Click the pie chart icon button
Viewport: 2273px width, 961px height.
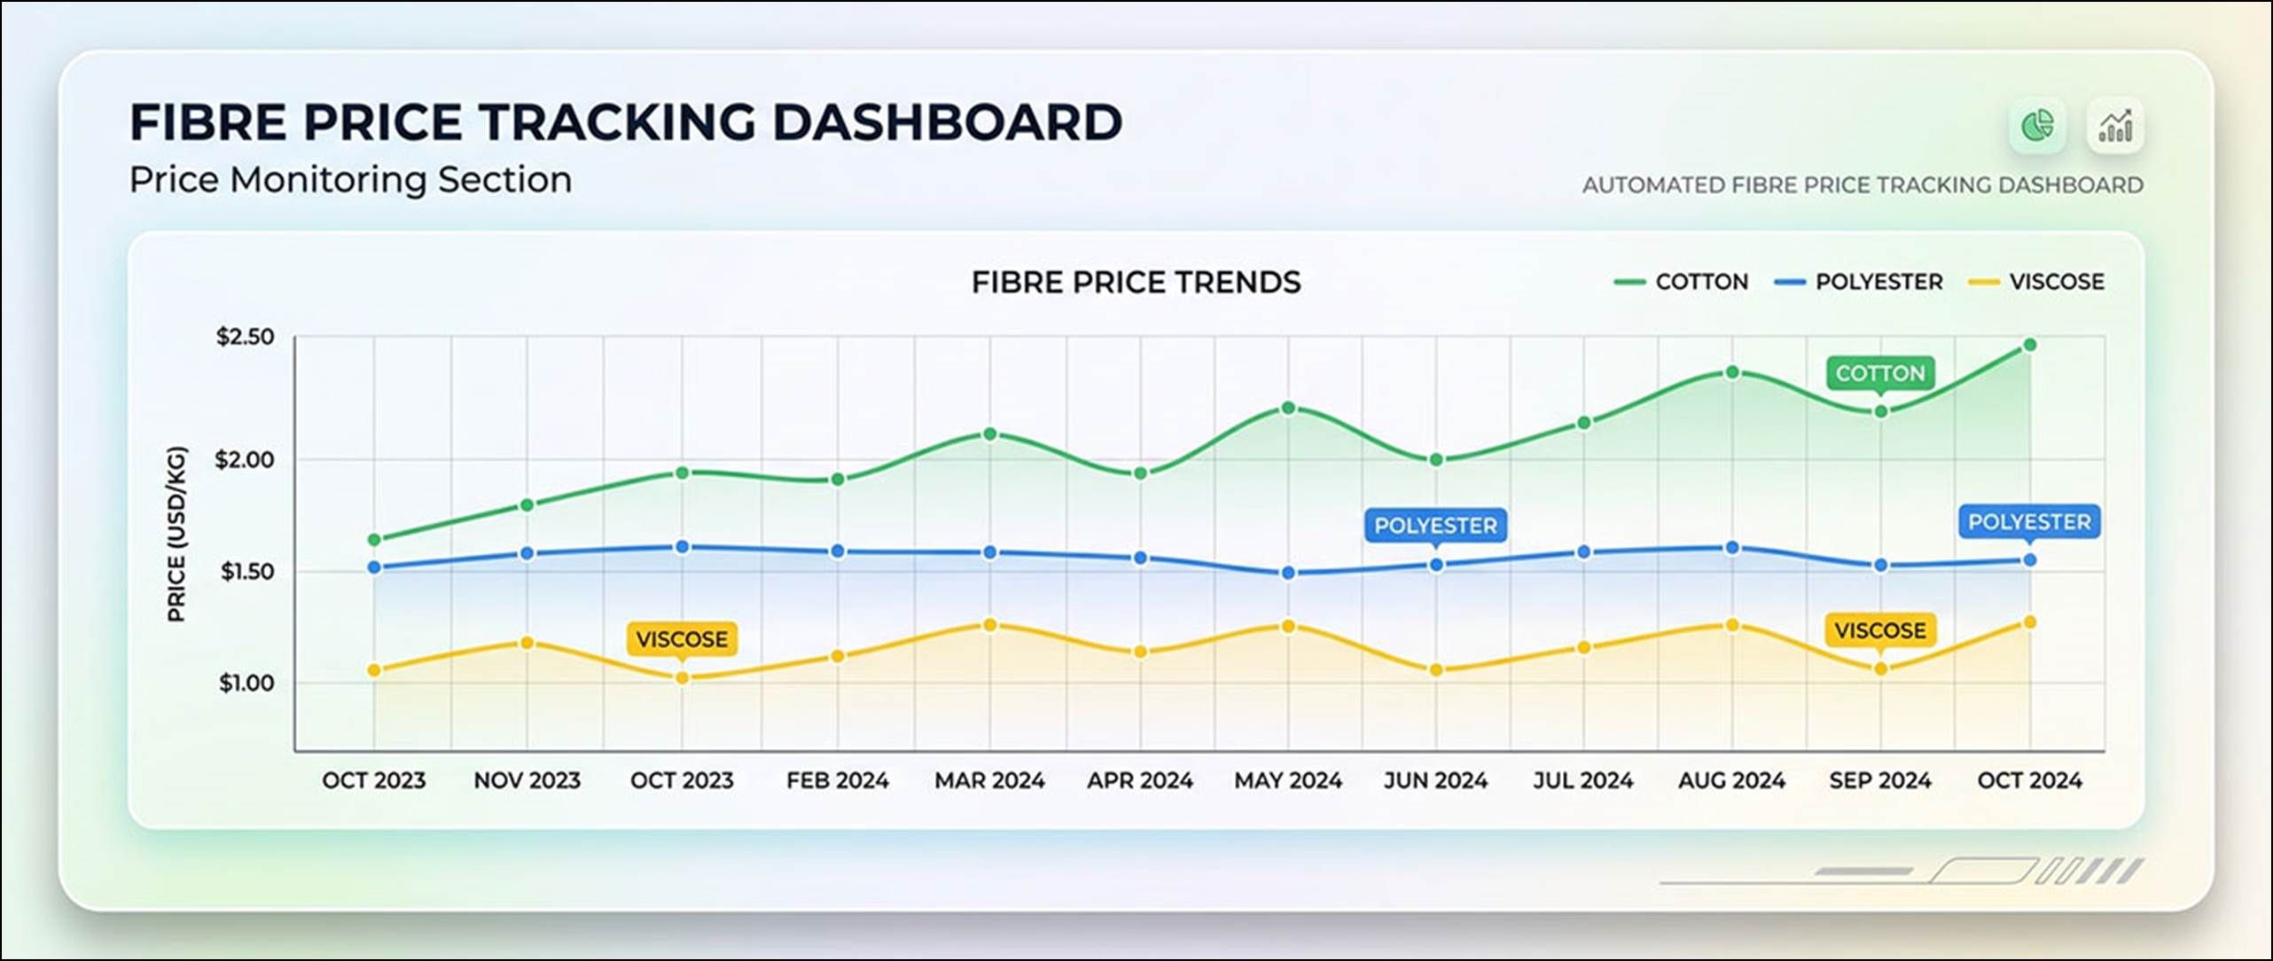pyautogui.click(x=2037, y=125)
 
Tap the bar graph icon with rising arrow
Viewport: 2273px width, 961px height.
pyautogui.click(x=2115, y=125)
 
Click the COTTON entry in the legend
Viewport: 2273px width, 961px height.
pyautogui.click(x=1681, y=282)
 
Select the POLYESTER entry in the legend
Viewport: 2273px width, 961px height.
pyautogui.click(x=1858, y=282)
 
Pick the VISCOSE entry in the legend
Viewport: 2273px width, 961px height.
pyautogui.click(x=2036, y=282)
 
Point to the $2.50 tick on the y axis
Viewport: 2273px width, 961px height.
pyautogui.click(x=246, y=337)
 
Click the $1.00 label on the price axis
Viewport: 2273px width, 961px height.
pyautogui.click(x=246, y=684)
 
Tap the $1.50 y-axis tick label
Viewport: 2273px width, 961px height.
pyautogui.click(x=247, y=572)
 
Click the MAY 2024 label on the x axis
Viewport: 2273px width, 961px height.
pyautogui.click(x=1288, y=781)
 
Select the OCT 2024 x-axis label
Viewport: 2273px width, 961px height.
pyautogui.click(x=2029, y=781)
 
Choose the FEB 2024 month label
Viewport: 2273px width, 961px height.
pyautogui.click(x=837, y=781)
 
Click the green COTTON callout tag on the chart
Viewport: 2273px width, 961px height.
pyautogui.click(x=1880, y=374)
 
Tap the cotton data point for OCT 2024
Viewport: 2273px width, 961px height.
pyautogui.click(x=2030, y=345)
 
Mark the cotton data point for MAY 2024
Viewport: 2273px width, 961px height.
pyautogui.click(x=1289, y=408)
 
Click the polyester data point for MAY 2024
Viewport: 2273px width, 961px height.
pyautogui.click(x=1289, y=574)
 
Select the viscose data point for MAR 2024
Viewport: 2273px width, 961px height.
pyautogui.click(x=990, y=625)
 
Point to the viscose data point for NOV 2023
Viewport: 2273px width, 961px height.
pyautogui.click(x=527, y=643)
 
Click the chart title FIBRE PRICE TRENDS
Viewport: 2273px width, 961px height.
pyautogui.click(x=1136, y=283)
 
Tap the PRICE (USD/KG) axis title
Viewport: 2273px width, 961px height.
pyautogui.click(x=177, y=534)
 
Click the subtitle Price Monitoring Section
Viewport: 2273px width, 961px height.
pyautogui.click(x=351, y=180)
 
